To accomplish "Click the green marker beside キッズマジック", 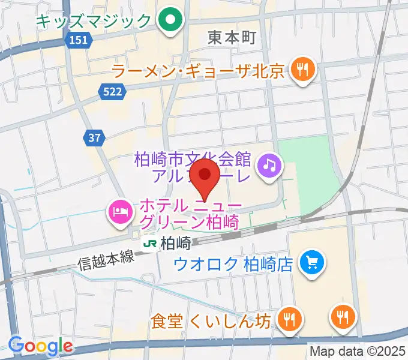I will (x=170, y=21).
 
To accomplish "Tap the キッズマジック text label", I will (x=93, y=22).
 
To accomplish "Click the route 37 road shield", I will (x=93, y=138).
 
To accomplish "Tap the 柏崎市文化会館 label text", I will (x=193, y=160).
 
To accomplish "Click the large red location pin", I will (x=206, y=177).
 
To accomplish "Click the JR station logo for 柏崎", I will (x=151, y=244).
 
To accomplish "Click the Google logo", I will (x=40, y=346).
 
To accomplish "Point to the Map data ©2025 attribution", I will (x=358, y=351).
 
